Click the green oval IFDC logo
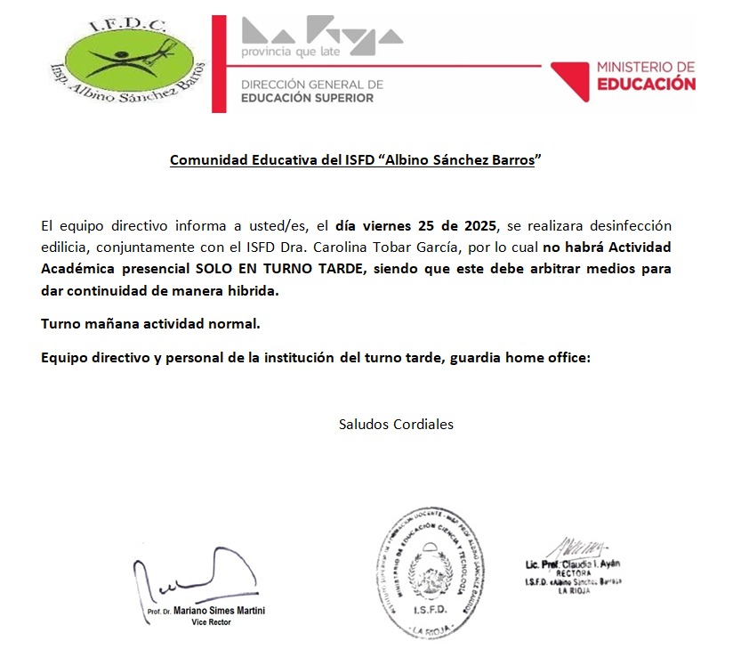click(x=129, y=62)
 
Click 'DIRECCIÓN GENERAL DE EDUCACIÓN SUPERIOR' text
click(x=311, y=91)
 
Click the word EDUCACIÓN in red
click(x=646, y=85)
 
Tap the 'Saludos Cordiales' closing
click(x=396, y=424)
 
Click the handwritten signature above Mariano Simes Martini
click(x=191, y=578)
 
